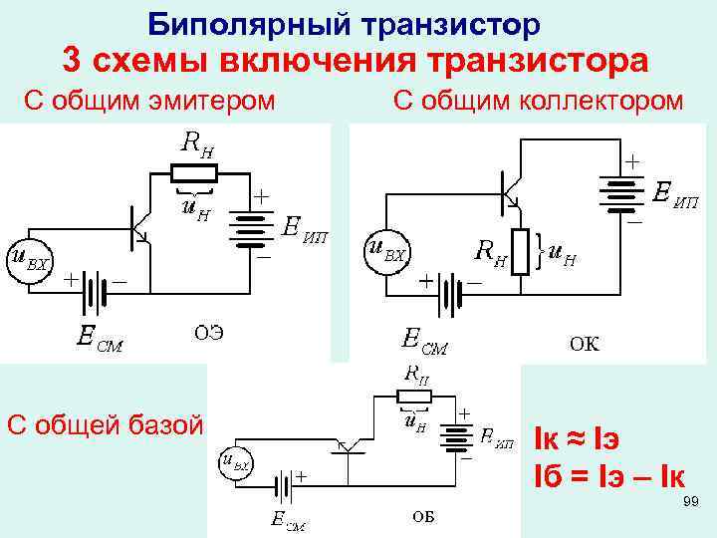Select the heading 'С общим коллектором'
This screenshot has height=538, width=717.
[538, 101]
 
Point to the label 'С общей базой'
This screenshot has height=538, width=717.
[105, 424]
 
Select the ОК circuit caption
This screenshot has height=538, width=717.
[585, 345]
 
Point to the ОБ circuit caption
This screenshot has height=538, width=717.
[423, 516]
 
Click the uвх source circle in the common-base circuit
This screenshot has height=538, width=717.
[236, 463]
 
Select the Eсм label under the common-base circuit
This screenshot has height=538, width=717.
[290, 518]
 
